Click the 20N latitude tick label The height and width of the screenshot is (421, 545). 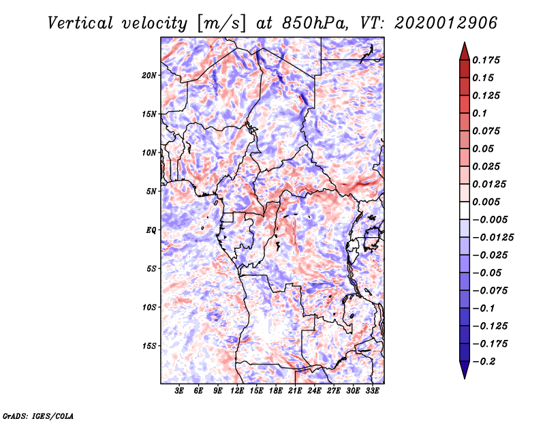150,75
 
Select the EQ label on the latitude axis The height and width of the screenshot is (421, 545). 151,230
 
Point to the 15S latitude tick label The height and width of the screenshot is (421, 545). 150,345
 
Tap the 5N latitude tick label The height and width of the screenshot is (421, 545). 152,191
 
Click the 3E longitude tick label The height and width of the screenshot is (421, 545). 180,391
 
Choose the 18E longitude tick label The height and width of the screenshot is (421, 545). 276,391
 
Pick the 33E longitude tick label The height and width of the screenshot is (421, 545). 372,391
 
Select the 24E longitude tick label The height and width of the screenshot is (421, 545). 315,391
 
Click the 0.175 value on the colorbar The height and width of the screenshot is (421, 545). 488,60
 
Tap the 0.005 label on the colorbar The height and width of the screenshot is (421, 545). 488,202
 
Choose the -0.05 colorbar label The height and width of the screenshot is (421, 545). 488,272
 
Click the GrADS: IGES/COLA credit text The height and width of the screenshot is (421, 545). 38,415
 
